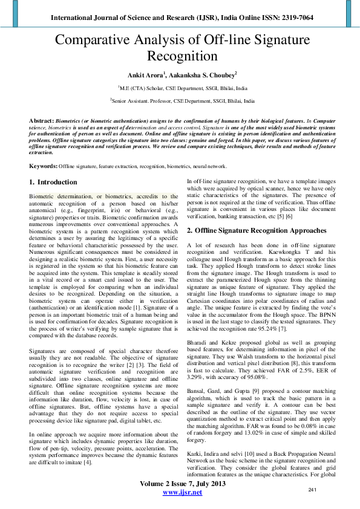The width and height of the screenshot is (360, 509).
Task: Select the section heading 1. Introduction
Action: click(53, 182)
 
